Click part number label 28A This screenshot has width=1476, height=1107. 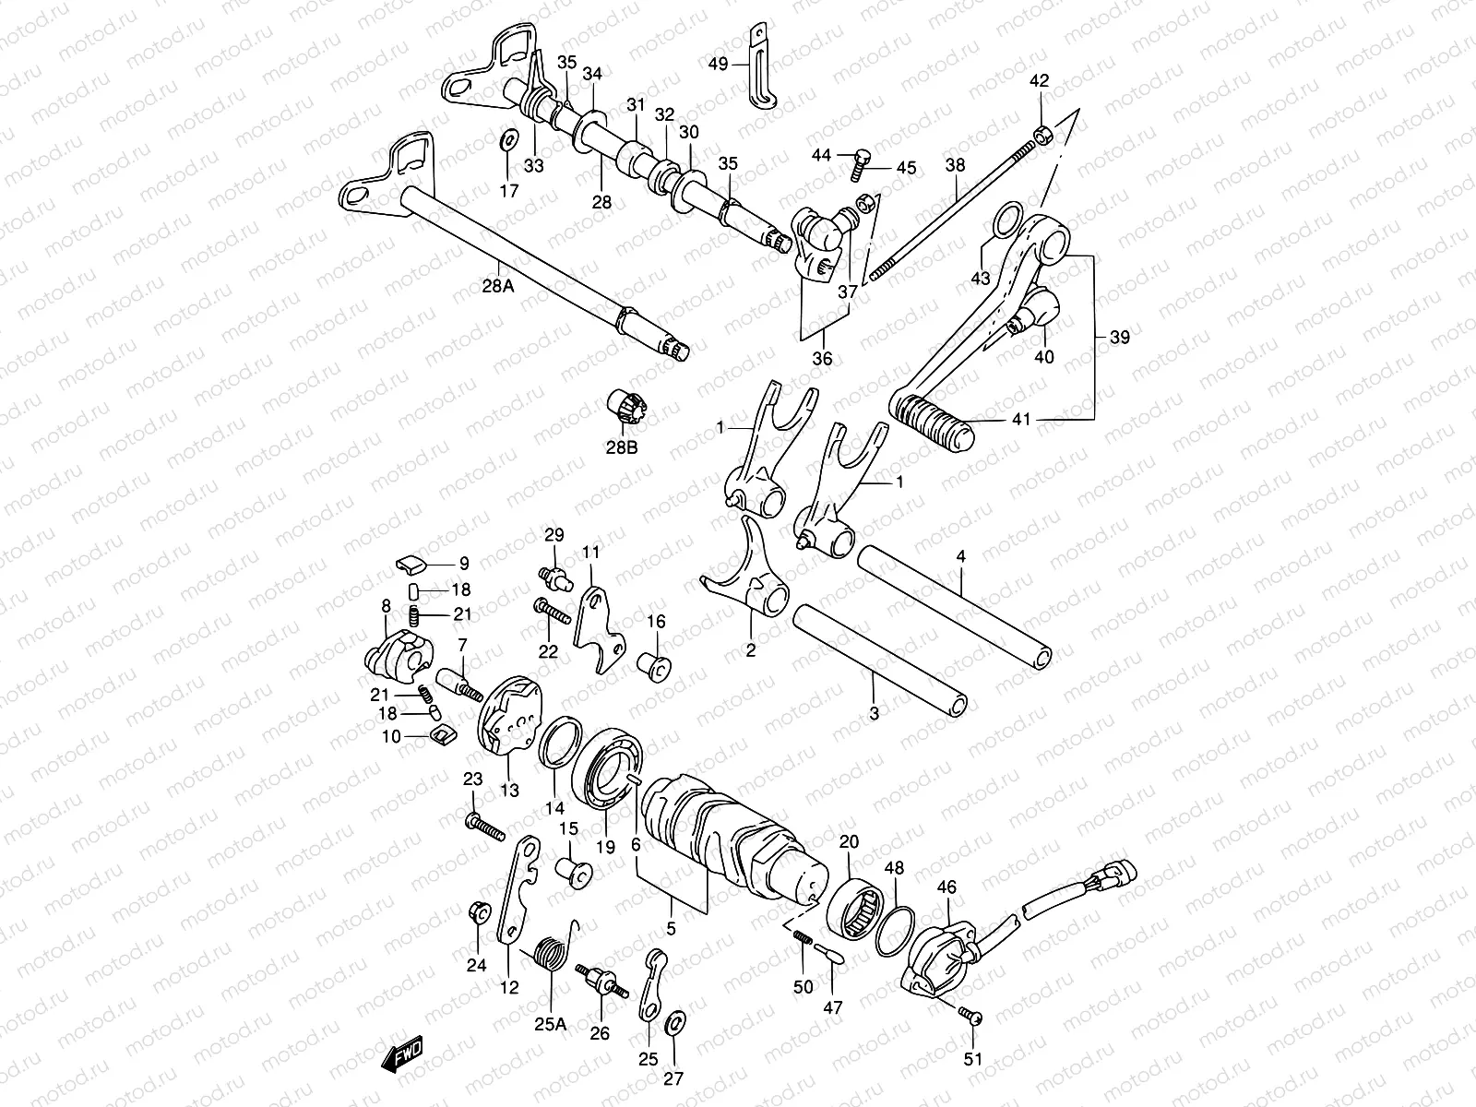[x=496, y=285]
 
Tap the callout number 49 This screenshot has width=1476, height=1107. [x=718, y=64]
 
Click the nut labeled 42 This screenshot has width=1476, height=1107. [x=1041, y=136]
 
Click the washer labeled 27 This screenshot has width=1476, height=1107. [x=674, y=1020]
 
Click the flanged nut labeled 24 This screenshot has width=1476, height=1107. [x=479, y=911]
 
